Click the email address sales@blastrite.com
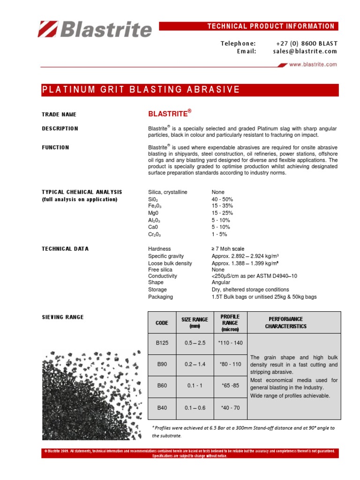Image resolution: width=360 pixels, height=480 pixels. point(305,52)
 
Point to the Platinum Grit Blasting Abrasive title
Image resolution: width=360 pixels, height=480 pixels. point(141,90)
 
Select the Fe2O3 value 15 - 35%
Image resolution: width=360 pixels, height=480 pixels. point(222,206)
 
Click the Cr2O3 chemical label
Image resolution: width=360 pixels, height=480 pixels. point(155,234)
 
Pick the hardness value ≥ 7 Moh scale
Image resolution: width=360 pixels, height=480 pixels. point(228,249)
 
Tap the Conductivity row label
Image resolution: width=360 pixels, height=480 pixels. point(162,276)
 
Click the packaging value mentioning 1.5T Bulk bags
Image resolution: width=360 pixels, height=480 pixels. point(264,297)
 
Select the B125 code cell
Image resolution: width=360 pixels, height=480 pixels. point(162,343)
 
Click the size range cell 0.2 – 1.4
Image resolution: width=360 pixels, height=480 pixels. point(194,364)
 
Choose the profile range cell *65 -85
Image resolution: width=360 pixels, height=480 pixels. point(230,386)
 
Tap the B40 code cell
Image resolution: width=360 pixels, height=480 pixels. point(162,408)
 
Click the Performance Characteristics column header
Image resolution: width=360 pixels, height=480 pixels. point(294,322)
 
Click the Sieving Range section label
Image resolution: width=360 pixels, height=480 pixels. point(63,317)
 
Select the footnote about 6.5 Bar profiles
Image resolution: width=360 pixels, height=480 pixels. point(244,431)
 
